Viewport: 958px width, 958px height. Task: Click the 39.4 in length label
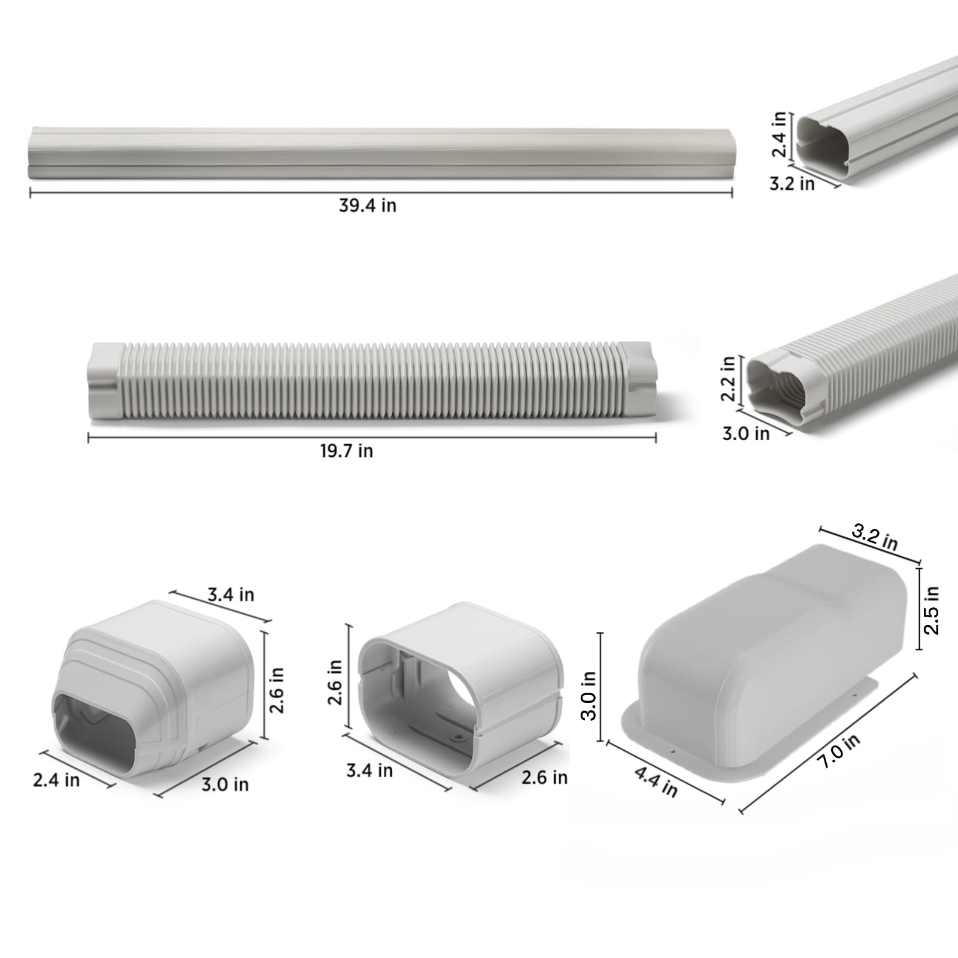(367, 205)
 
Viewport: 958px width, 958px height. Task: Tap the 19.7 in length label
(346, 451)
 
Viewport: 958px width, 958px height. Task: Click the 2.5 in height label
(932, 610)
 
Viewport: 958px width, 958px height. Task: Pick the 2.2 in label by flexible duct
(727, 378)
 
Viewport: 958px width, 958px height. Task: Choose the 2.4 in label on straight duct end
(779, 134)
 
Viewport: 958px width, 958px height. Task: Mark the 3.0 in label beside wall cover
(589, 695)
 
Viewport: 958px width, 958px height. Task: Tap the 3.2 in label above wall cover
(874, 537)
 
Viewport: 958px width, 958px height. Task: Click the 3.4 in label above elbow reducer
(231, 595)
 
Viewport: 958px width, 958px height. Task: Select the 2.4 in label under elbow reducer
(56, 780)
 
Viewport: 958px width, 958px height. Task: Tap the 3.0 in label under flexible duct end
(745, 433)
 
